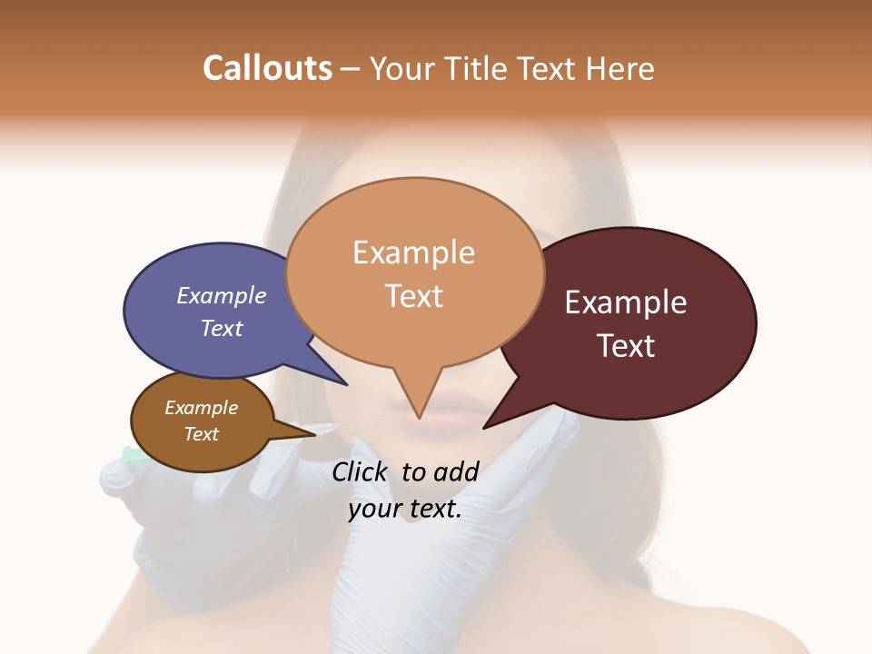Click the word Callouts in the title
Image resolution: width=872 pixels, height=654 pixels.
coord(267,68)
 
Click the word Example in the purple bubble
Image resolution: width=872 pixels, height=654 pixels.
coord(222,296)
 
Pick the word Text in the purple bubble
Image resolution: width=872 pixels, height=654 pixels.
coord(222,329)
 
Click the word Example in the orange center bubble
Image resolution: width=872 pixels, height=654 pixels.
coord(413,253)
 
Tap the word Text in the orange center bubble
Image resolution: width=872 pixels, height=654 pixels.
coord(414,296)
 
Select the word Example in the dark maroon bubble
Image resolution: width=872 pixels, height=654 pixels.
coord(626,302)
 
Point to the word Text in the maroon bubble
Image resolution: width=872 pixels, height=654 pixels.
coord(626,346)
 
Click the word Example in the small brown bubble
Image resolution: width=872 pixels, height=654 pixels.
coord(201,408)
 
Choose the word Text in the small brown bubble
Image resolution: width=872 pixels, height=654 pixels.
coord(201,434)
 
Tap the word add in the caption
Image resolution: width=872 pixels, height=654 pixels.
coord(456,471)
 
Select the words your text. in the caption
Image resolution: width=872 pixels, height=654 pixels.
coord(405,510)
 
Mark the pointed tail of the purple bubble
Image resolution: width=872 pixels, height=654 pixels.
coord(345,383)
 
